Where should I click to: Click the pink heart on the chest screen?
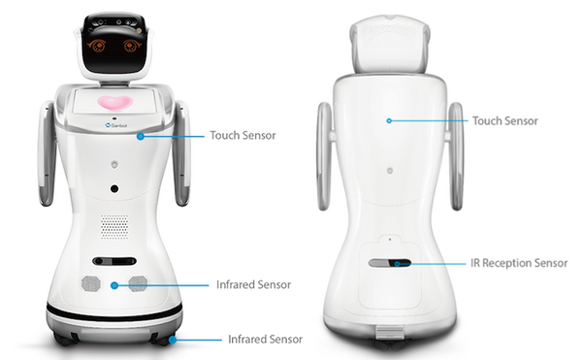(114, 102)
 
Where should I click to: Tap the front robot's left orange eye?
(98, 45)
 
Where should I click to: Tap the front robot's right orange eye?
(131, 45)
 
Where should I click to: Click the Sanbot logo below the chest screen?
(114, 125)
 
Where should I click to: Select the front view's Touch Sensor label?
(242, 135)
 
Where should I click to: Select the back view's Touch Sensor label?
(504, 121)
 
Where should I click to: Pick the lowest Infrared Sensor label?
(265, 340)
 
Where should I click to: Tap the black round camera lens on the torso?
(114, 188)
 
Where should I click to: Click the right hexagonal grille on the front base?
(137, 283)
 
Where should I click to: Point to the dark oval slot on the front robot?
(114, 262)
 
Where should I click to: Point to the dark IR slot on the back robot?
(389, 262)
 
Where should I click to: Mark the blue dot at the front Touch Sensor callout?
(141, 136)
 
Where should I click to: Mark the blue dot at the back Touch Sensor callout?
(388, 121)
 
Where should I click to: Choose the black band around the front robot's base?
(114, 312)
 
